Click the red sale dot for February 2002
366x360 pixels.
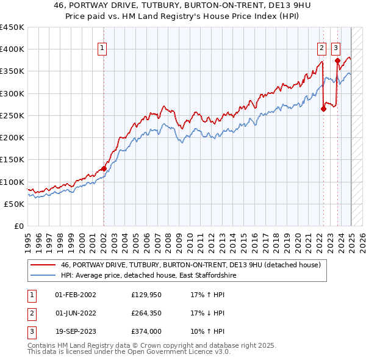click(x=104, y=168)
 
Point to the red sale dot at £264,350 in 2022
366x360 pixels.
click(x=323, y=109)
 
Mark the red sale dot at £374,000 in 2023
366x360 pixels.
click(x=337, y=60)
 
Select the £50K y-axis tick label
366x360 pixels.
click(x=14, y=204)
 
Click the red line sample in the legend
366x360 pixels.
click(x=43, y=265)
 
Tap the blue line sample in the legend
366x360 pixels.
click(x=43, y=275)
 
